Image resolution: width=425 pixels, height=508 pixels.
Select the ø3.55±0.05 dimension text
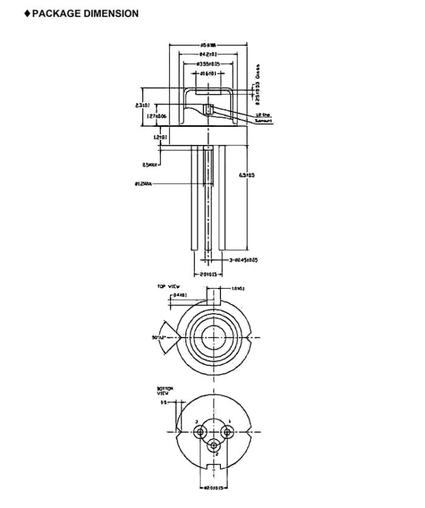click(208, 64)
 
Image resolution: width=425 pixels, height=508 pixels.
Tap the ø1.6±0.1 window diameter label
click(208, 73)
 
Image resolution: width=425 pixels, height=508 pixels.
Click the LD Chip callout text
click(262, 115)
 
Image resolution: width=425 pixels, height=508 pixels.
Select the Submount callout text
click(263, 121)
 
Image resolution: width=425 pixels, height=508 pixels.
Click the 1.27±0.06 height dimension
click(156, 115)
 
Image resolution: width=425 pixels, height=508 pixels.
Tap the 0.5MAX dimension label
click(151, 164)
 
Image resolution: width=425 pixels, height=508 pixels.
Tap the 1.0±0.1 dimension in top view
click(239, 289)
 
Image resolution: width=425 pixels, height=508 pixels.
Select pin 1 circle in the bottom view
click(228, 432)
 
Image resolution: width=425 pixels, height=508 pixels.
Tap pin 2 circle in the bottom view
click(214, 445)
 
